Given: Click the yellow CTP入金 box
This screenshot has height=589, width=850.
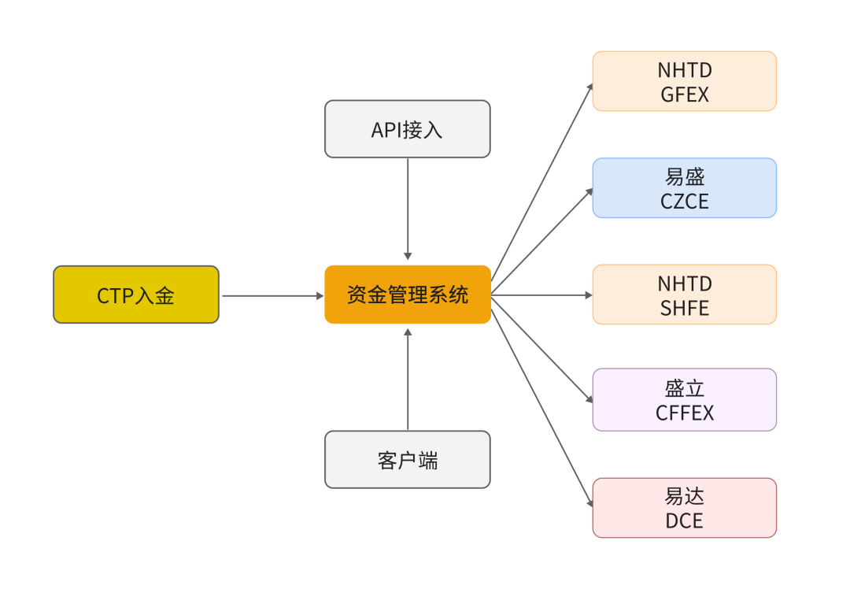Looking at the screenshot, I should (x=136, y=294).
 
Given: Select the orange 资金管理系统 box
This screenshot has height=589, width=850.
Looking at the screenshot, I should (x=408, y=294).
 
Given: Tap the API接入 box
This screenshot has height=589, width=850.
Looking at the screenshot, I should (x=408, y=129).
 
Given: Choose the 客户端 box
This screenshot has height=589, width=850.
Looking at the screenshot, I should (x=408, y=460).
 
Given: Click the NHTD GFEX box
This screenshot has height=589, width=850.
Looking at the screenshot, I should (x=684, y=81).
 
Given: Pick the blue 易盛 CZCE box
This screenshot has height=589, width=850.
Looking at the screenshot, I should (x=684, y=188).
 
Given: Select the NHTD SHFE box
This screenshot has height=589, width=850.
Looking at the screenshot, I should (x=684, y=294).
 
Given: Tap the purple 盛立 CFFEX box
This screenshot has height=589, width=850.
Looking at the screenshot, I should (x=684, y=400).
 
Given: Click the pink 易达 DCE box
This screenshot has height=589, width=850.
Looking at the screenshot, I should (x=684, y=508).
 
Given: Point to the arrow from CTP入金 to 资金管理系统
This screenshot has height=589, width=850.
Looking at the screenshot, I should (x=272, y=296).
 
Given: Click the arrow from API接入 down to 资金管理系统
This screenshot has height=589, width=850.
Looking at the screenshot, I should (x=408, y=209).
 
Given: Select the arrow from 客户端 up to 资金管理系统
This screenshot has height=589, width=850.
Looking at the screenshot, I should (x=408, y=378).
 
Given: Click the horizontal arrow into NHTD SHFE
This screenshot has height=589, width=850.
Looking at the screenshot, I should (x=543, y=295).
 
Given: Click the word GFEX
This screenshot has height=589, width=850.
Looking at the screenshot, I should (x=685, y=94).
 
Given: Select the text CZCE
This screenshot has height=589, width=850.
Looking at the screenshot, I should (x=685, y=202).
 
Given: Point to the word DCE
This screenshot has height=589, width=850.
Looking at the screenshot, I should (x=684, y=520).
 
